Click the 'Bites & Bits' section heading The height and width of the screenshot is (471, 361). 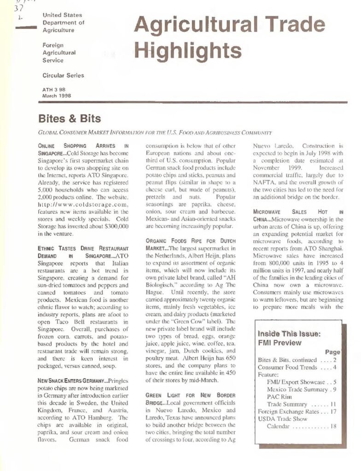(70, 119)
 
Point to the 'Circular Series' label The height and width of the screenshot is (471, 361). (64, 75)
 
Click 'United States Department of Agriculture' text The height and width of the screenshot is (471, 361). (63, 23)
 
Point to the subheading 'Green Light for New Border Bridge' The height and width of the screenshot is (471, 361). (190, 399)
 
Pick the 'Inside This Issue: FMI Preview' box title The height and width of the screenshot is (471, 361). (286, 338)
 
